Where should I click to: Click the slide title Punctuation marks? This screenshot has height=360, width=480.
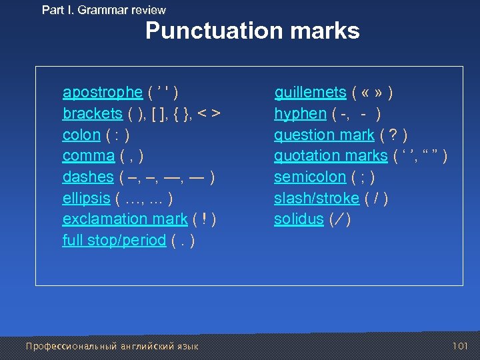[252, 31]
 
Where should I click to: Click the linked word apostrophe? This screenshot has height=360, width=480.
[102, 92]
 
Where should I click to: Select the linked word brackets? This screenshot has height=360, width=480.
[92, 113]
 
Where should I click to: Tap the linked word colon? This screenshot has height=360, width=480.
[81, 135]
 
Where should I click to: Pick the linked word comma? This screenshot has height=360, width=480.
[88, 156]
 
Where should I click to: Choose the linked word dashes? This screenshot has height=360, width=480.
[87, 177]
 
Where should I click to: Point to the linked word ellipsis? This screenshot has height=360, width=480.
[86, 198]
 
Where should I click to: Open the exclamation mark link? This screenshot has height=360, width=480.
[125, 219]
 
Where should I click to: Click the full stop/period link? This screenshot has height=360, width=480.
[113, 240]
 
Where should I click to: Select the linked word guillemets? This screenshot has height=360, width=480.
[310, 92]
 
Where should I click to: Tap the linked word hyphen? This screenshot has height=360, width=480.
[300, 113]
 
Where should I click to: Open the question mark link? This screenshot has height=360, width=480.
[324, 135]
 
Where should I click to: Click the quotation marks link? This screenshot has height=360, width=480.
[330, 156]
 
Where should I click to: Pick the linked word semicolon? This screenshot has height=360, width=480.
[310, 177]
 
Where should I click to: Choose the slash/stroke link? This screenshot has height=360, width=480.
[317, 198]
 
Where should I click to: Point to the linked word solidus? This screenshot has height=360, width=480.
[299, 219]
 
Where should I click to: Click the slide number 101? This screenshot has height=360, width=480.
[460, 345]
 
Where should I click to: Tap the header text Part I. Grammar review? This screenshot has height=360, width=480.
[103, 10]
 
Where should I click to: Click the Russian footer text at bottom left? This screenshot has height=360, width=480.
[111, 346]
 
